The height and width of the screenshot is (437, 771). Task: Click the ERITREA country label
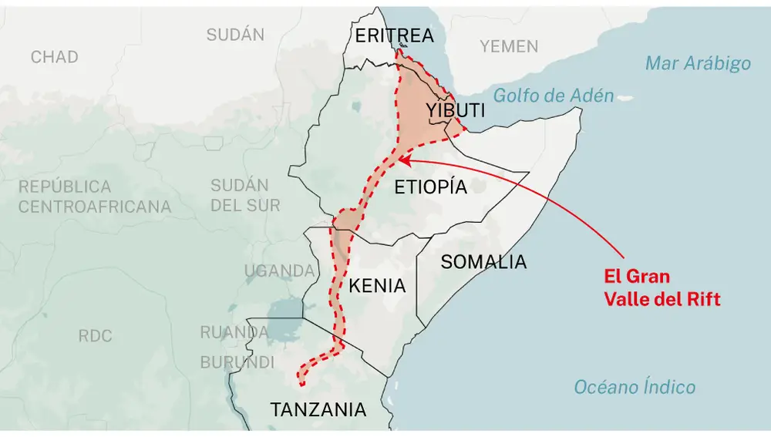tap(394, 35)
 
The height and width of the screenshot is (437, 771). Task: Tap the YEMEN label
tap(509, 46)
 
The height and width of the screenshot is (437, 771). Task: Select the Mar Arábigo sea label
tap(698, 63)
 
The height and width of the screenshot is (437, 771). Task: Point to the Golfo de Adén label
tap(554, 96)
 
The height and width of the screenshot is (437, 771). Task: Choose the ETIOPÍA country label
tap(431, 187)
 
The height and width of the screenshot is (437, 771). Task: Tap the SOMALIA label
tap(483, 262)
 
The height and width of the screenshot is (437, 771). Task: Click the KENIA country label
tap(377, 286)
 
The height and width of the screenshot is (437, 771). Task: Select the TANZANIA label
tap(318, 410)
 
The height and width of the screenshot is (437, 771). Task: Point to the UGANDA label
tap(279, 271)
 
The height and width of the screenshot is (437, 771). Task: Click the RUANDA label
tap(234, 333)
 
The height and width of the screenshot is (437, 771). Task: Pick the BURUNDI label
tap(237, 362)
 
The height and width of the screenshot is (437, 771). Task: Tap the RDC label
tap(95, 336)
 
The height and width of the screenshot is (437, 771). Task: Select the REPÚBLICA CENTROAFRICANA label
tap(95, 197)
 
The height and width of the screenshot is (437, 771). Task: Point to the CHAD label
tap(54, 57)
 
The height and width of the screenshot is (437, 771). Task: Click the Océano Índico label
tap(635, 388)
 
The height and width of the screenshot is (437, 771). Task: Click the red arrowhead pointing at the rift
tap(402, 160)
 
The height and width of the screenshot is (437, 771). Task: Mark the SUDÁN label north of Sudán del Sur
tap(235, 35)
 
